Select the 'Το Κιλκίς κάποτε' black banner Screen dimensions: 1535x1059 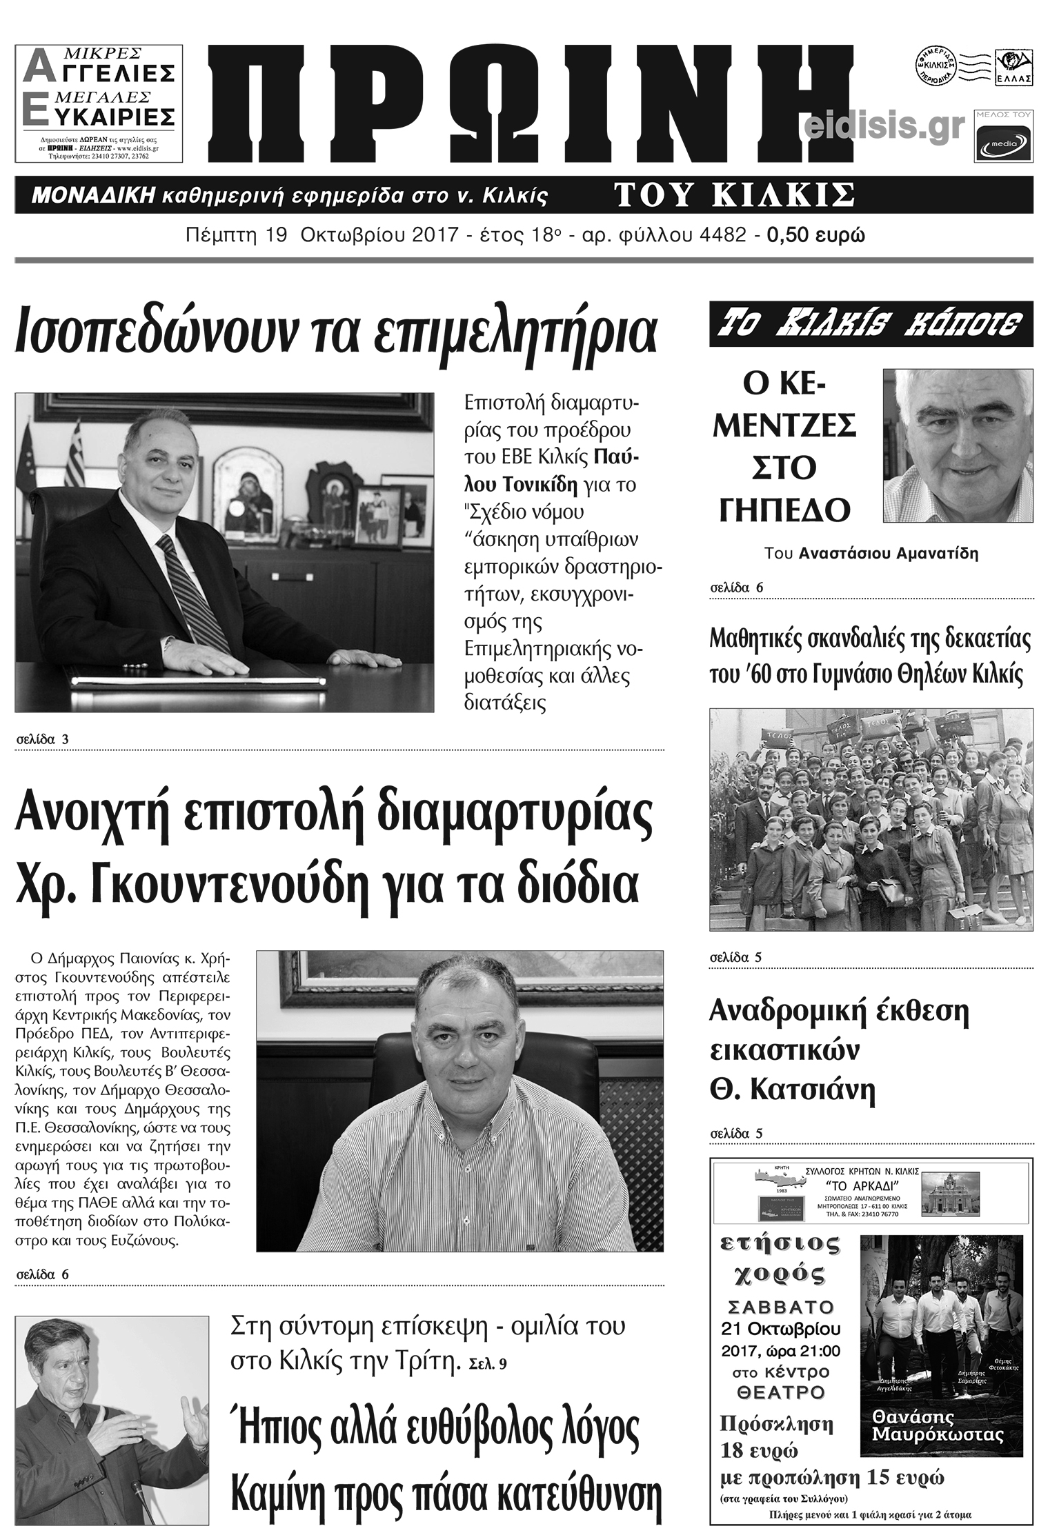[871, 323]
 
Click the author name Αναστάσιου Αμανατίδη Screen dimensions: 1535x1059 [889, 553]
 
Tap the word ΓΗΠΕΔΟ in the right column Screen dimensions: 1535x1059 [784, 510]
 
